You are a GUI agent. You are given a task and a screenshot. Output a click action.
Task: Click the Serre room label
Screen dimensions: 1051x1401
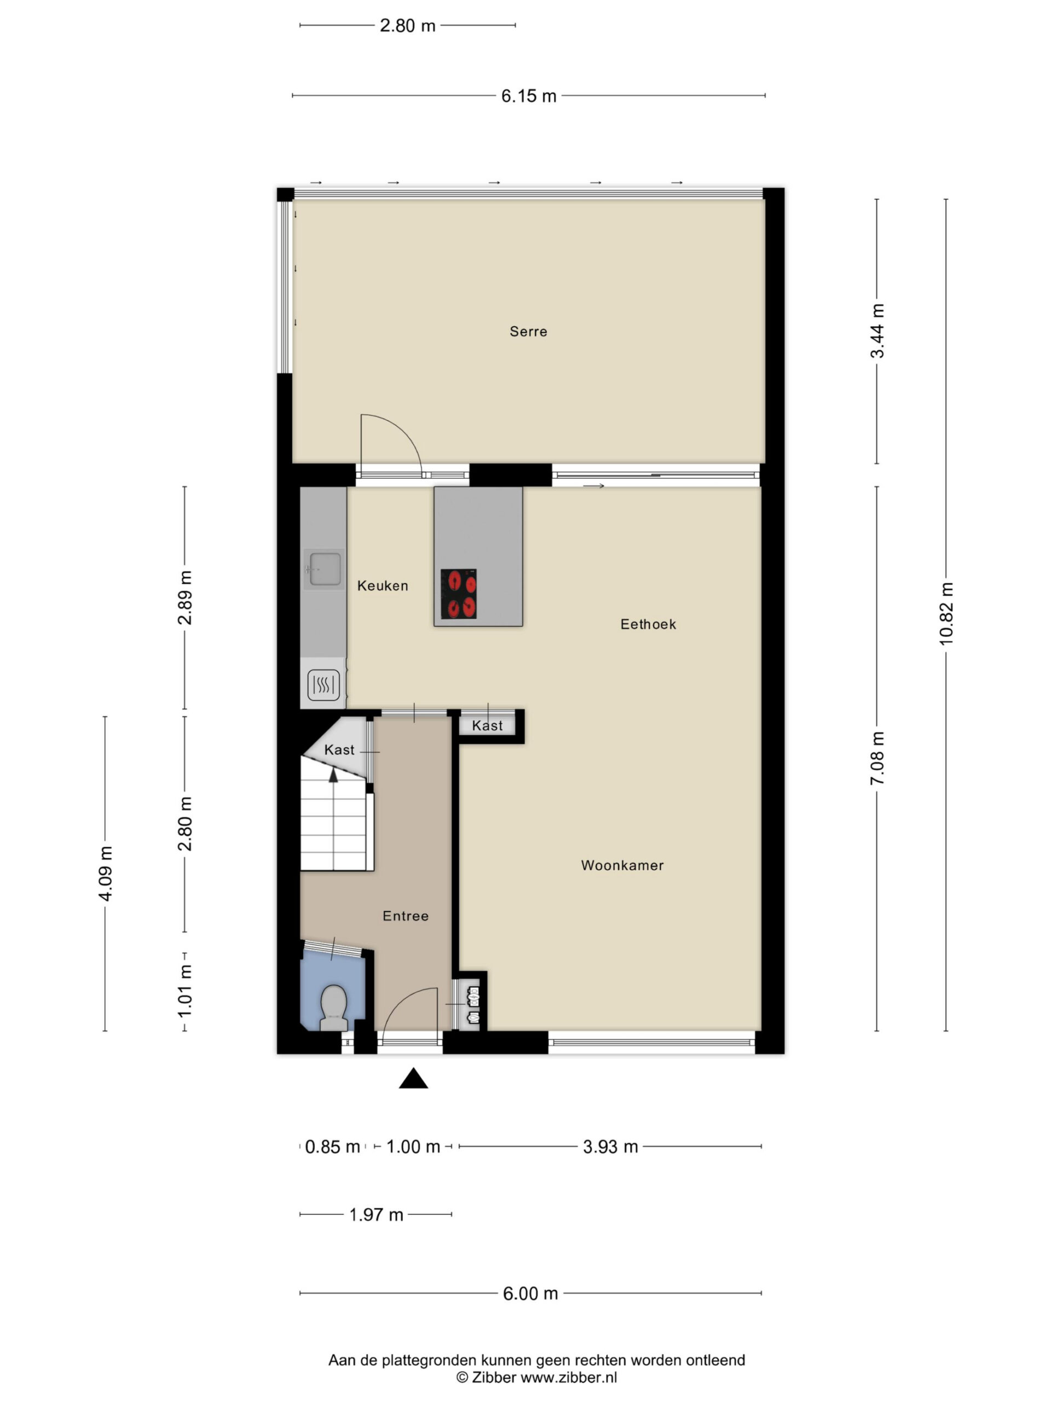(x=528, y=331)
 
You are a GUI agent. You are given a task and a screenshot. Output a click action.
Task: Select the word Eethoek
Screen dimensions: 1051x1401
(x=648, y=624)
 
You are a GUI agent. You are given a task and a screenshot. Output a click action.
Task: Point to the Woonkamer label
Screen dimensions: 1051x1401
(x=622, y=865)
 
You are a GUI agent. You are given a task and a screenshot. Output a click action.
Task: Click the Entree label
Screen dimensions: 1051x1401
(x=406, y=916)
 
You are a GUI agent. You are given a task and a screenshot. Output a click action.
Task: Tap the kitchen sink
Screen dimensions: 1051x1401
(x=325, y=569)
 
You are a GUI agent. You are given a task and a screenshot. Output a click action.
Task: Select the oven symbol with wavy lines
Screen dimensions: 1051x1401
(x=323, y=685)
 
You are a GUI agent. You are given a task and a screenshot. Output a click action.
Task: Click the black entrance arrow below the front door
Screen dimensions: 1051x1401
(x=413, y=1079)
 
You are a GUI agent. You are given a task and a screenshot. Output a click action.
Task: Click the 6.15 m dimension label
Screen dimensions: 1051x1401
(x=529, y=96)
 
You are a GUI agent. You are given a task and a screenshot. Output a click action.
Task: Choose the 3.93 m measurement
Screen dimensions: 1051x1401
(x=610, y=1147)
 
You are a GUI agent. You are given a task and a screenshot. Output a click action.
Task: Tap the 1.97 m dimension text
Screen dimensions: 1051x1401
(x=376, y=1214)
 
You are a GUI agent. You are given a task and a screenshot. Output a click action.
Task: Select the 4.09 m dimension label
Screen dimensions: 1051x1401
(x=105, y=873)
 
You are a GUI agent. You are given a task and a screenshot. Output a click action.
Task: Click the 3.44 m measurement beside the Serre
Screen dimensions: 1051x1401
(x=877, y=331)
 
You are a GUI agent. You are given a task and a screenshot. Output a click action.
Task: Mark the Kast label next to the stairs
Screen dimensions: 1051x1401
(x=339, y=750)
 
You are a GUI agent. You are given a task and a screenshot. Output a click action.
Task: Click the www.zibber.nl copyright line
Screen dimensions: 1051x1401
(x=536, y=1377)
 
